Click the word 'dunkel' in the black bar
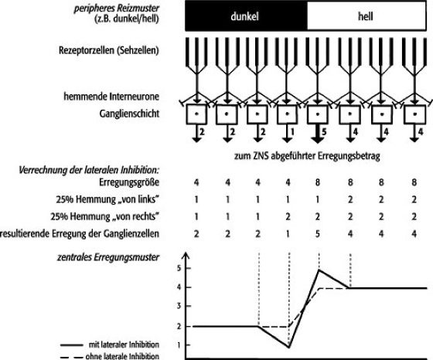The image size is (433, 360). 244,16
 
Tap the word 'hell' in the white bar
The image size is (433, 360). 366,16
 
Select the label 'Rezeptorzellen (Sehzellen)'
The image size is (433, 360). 109,50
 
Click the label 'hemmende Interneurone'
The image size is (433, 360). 111,97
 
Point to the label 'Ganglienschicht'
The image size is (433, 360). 129,114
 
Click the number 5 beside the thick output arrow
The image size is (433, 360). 324,132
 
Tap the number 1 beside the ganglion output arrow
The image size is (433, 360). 292,132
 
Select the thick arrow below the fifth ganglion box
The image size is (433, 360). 317,134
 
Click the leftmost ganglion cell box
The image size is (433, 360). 196,114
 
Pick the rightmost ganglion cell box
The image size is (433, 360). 414,114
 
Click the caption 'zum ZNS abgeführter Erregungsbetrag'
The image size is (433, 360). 307,156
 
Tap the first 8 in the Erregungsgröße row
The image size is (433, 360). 318,182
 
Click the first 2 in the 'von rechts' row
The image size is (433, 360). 288,217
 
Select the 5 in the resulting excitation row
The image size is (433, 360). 318,234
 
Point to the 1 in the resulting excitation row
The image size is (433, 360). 288,234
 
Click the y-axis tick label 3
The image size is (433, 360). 180,306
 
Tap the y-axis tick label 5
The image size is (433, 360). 180,268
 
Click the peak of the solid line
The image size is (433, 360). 319,270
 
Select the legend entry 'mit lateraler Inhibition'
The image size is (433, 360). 110,345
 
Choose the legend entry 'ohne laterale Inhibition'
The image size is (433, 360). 110,356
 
